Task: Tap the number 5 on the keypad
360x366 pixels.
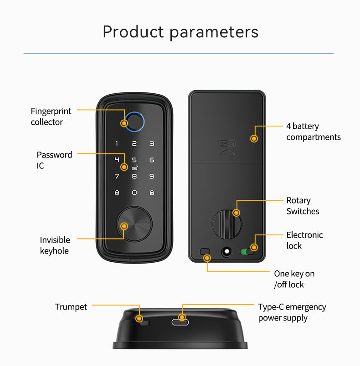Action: coord(134,160)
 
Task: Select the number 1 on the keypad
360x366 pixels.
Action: coord(117,143)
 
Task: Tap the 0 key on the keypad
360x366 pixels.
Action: coord(134,193)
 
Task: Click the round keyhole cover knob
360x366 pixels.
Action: coord(134,224)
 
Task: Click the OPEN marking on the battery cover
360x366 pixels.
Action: coord(227,143)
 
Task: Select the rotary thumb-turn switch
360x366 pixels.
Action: coord(227,224)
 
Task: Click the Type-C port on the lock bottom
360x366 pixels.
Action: coord(180,322)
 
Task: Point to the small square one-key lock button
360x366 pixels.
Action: coord(205,251)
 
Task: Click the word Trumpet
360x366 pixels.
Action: coord(71,307)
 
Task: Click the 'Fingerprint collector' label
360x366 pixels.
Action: coord(51,117)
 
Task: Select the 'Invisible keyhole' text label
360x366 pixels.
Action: coord(55,245)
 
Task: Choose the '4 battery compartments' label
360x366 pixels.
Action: coord(314,132)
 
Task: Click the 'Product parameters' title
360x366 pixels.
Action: coord(180,32)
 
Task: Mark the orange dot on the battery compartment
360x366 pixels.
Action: coord(254,138)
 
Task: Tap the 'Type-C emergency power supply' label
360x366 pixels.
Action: coord(292,312)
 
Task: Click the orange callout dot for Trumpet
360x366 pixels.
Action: coord(139,318)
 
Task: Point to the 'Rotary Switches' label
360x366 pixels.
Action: coord(303,206)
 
